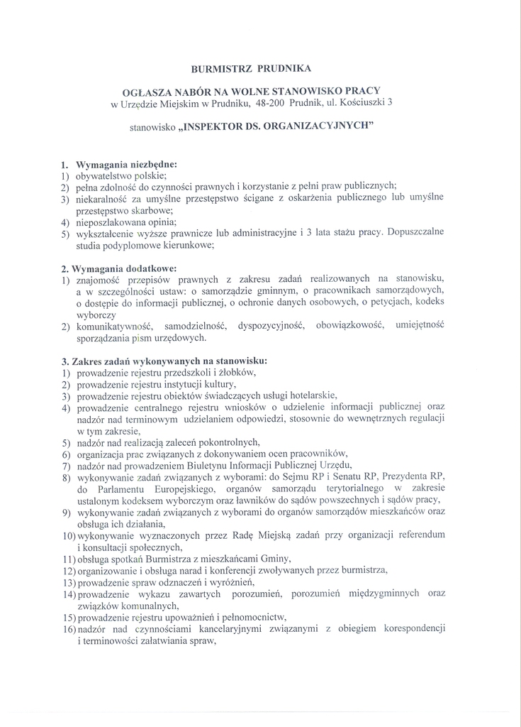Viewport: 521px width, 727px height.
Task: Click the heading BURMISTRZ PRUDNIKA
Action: click(250, 69)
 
